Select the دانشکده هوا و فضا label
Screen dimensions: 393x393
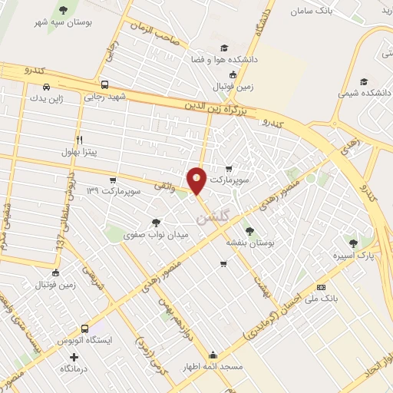223,59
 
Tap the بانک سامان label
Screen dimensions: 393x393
314,12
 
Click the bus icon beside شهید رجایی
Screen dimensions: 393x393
104,85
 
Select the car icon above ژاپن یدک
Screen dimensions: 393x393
45,85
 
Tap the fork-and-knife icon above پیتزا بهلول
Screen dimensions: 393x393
80,140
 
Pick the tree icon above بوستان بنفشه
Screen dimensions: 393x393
249,230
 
